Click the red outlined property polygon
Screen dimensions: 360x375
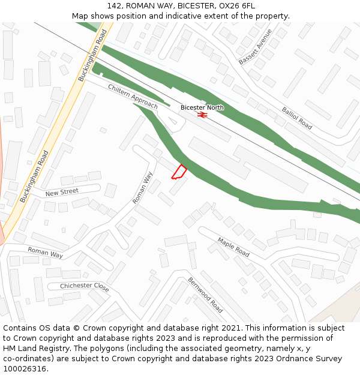click(179, 172)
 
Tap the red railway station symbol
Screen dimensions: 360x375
click(202, 115)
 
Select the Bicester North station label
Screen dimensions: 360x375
click(202, 107)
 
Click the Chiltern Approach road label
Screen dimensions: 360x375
click(133, 97)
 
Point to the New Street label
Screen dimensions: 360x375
click(62, 192)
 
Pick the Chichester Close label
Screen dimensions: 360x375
click(85, 286)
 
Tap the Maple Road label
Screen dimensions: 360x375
click(233, 247)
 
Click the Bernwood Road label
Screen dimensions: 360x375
click(205, 295)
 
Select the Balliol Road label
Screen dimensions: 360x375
click(297, 118)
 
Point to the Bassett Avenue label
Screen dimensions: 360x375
click(255, 47)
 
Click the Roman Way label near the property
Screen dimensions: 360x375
click(143, 188)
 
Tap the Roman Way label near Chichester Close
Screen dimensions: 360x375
click(45, 253)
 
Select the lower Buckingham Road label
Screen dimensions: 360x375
click(34, 176)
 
